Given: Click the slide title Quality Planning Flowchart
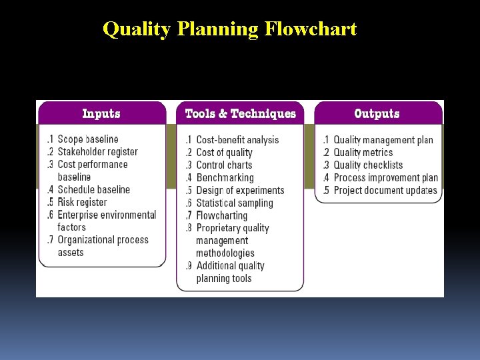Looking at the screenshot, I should (x=230, y=29).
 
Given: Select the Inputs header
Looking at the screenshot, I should (x=101, y=113).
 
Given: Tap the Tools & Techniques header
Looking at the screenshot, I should (x=240, y=113).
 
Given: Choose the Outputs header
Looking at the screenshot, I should (x=377, y=113).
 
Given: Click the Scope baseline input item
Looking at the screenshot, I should (x=87, y=139).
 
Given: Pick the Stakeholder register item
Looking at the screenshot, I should (x=97, y=152).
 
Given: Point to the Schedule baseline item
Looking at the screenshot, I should (x=93, y=190).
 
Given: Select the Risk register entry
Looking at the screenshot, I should (x=82, y=203).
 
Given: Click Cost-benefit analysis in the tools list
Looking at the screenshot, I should (x=237, y=140).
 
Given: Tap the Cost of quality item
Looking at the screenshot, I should (x=224, y=153).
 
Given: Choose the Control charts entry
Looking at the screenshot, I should (x=224, y=165).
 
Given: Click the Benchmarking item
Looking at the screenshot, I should (x=225, y=178).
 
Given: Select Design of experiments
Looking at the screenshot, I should (x=240, y=191).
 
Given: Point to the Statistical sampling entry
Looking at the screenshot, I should (x=235, y=203).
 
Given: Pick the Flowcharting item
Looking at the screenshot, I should (x=221, y=216).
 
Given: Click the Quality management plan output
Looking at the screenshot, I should (x=383, y=140).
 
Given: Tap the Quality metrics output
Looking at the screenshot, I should (x=363, y=153).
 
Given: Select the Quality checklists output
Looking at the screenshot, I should (x=368, y=165).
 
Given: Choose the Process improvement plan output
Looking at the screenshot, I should (x=385, y=178).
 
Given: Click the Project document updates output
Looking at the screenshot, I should (x=385, y=191).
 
